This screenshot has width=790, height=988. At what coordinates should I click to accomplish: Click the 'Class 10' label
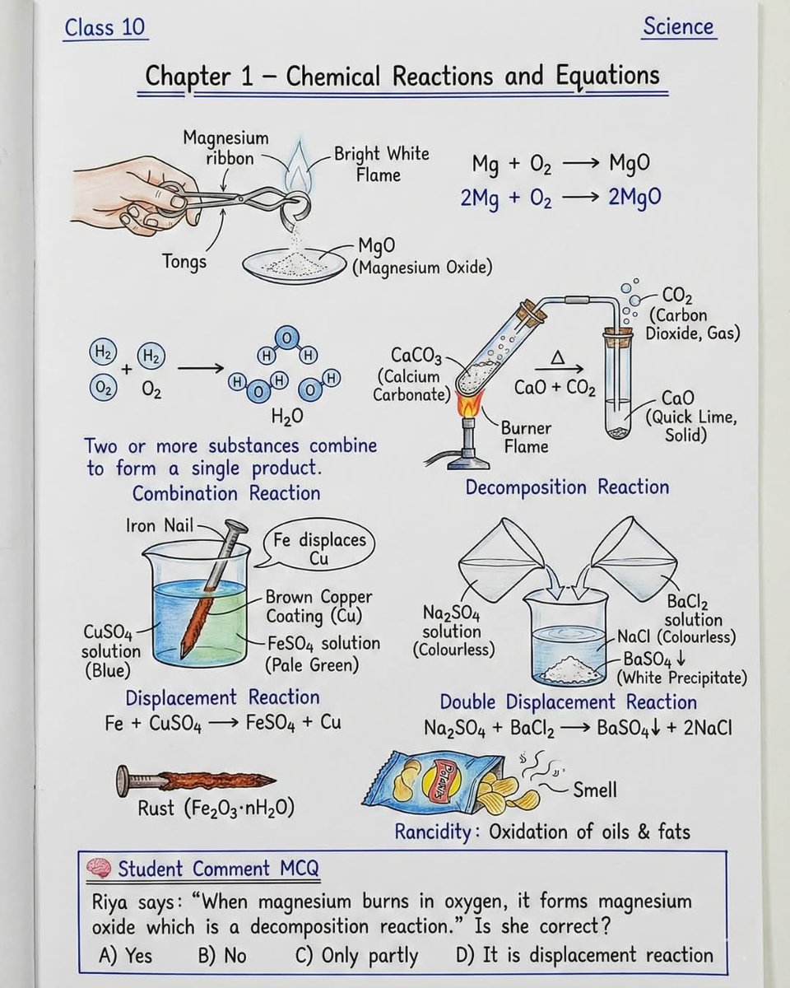point(105,28)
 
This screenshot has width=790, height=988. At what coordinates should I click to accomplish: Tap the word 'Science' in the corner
point(679,26)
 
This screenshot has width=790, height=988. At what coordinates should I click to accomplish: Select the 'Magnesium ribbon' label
point(225,147)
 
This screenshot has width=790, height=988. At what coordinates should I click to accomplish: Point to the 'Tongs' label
point(184,262)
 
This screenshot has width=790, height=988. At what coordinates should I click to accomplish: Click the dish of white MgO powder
point(292,263)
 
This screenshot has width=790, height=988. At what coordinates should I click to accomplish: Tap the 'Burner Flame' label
point(526,438)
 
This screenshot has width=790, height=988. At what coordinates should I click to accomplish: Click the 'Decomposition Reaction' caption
point(567,487)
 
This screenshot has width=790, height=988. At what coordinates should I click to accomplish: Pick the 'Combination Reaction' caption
point(226,493)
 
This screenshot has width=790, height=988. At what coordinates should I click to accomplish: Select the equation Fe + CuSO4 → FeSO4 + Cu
point(223,723)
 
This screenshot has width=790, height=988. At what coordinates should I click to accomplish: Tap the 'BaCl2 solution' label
point(693,610)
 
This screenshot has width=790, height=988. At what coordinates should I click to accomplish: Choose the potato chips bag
point(436,780)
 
